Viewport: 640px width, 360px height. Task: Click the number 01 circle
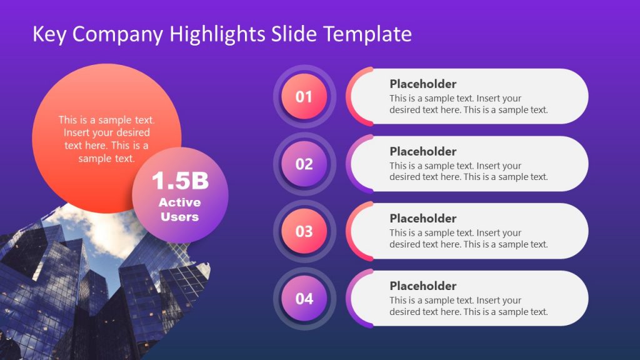click(x=304, y=97)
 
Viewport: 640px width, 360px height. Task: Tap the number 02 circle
click(x=304, y=164)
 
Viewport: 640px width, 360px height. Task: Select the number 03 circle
click(x=304, y=231)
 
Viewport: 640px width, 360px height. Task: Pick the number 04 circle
click(x=304, y=299)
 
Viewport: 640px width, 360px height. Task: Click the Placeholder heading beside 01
click(x=423, y=84)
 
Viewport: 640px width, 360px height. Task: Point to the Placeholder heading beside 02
click(x=423, y=151)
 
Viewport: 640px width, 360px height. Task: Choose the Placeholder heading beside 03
click(x=423, y=218)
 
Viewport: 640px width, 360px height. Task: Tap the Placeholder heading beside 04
click(x=423, y=286)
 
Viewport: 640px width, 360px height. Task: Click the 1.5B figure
click(x=180, y=181)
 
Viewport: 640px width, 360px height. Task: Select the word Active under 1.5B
click(x=180, y=202)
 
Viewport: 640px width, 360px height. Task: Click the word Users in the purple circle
click(x=180, y=217)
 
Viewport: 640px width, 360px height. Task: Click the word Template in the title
click(x=367, y=34)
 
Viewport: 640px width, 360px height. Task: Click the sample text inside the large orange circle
click(x=106, y=139)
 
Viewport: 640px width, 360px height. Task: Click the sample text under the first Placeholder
click(x=468, y=104)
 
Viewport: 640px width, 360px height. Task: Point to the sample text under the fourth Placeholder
click(x=468, y=306)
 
